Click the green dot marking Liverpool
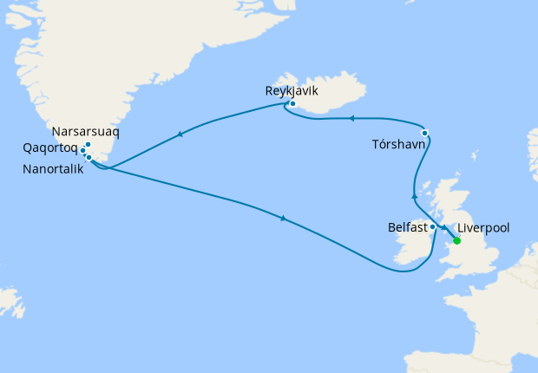pos(456,241)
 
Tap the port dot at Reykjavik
pos(293,104)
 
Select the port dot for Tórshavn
pos(424,133)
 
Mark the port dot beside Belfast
pos(433,227)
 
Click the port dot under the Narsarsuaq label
pos(89,144)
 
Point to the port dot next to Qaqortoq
pos(83,151)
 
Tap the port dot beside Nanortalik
pos(89,158)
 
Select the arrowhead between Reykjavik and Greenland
pos(180,134)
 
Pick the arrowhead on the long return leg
pos(284,218)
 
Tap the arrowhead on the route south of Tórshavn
pos(414,185)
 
